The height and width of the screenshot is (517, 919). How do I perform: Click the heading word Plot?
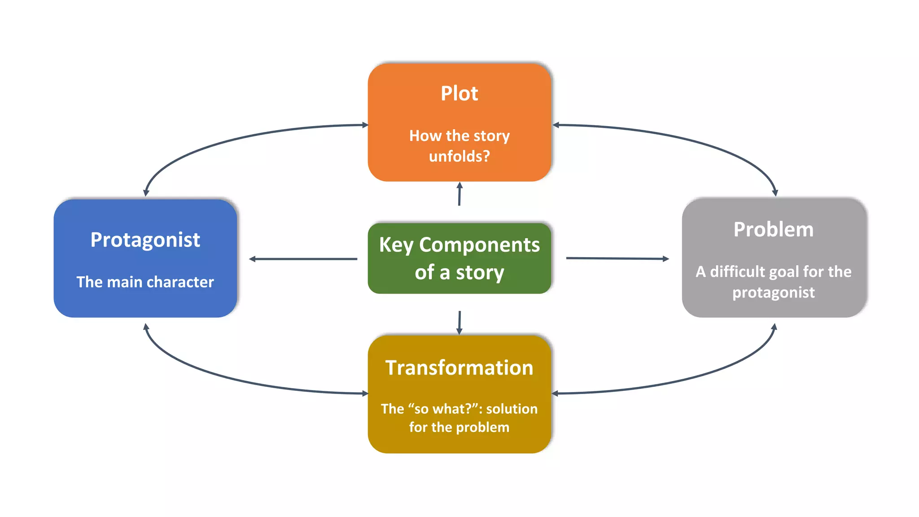[x=459, y=94]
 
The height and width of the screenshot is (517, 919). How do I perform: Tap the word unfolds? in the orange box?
[x=459, y=156]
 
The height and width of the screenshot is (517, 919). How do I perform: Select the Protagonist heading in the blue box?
[x=145, y=240]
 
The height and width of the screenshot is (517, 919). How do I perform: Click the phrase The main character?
[x=145, y=282]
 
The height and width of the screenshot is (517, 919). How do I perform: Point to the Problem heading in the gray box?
[x=773, y=229]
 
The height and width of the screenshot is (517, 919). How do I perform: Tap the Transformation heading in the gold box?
[x=459, y=368]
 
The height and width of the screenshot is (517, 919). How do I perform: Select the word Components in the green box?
[x=479, y=245]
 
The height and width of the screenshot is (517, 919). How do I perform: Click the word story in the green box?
[x=480, y=272]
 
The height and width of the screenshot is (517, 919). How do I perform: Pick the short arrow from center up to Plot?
[x=459, y=194]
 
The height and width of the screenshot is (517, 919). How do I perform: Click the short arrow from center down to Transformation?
[x=459, y=322]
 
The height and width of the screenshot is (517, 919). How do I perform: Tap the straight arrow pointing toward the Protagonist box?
[x=303, y=259]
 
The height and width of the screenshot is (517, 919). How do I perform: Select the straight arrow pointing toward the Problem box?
[x=617, y=258]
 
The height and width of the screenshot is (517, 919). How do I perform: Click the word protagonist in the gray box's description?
[x=773, y=293]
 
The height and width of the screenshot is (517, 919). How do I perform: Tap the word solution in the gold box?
[x=512, y=408]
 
